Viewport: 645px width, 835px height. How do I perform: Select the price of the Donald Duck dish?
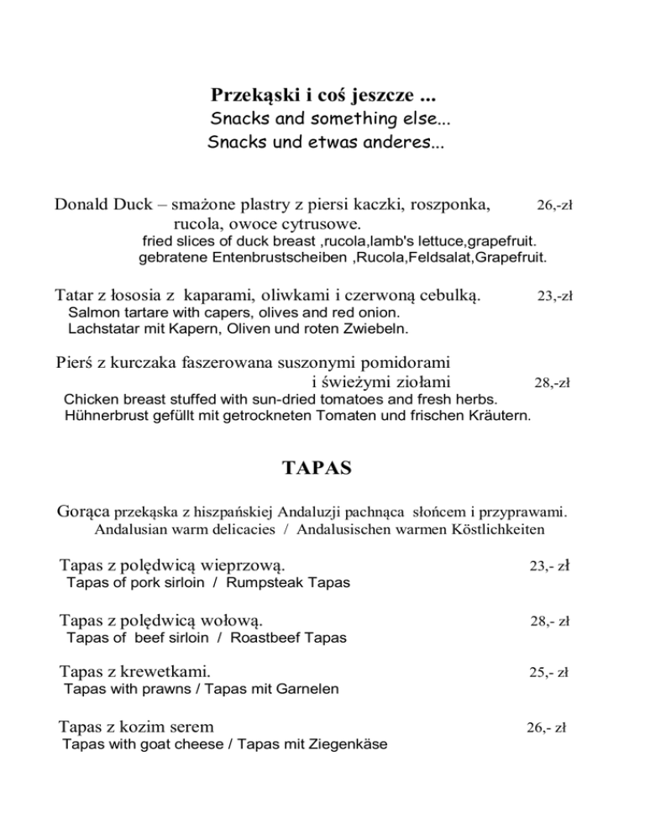554,205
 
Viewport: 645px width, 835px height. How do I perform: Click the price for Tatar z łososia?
554,296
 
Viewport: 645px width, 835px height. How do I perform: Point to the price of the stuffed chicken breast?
552,383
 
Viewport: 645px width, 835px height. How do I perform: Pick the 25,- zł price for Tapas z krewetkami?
549,673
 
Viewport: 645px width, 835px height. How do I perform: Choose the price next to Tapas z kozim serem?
545,728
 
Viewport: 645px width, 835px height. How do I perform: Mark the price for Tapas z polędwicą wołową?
549,622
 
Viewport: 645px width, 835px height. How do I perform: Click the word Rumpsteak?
270,583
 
